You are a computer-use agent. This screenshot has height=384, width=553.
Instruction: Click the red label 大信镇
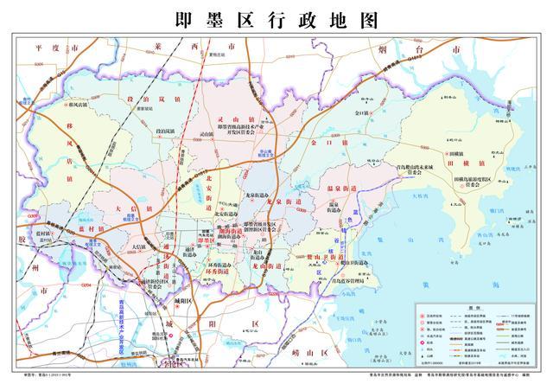[x=124, y=208]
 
